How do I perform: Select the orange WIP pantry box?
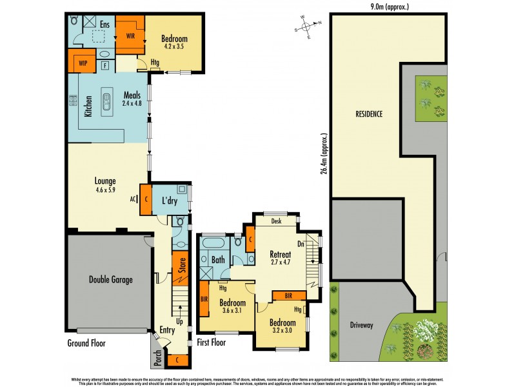tap(82, 64)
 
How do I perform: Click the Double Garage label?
tap(110, 279)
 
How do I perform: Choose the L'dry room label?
tap(169, 201)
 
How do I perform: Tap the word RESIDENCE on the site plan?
tap(369, 114)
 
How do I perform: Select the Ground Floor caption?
tap(86, 343)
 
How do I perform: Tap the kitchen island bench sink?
tap(108, 100)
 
